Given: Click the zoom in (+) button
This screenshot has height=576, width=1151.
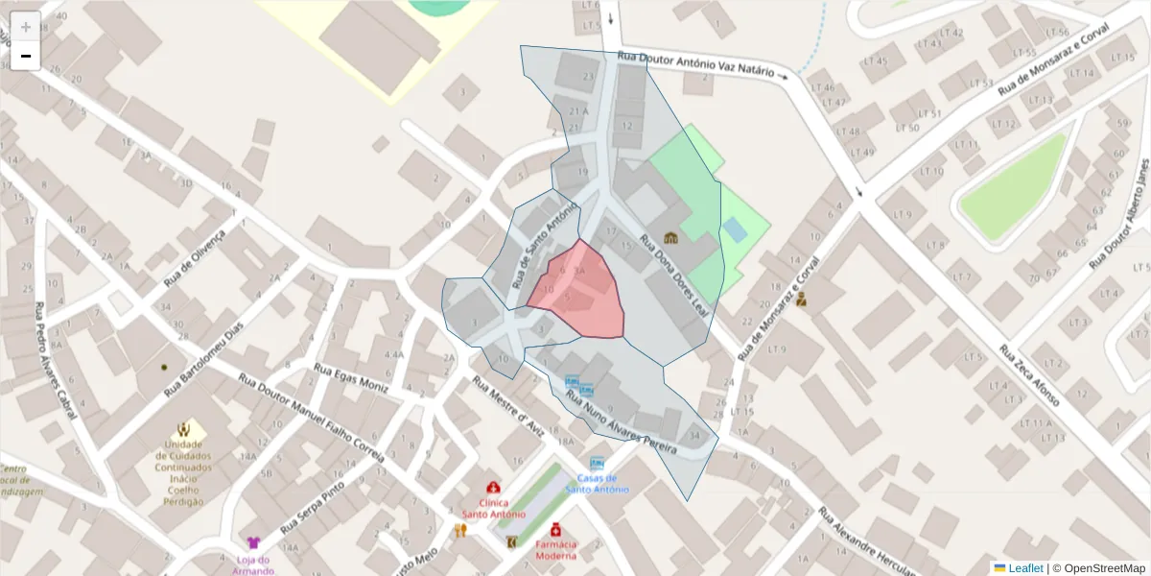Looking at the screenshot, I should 26,27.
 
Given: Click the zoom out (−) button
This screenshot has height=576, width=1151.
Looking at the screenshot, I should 26,57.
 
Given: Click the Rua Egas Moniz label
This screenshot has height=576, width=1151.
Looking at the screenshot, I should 352,379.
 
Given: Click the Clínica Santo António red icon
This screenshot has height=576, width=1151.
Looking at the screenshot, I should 493,488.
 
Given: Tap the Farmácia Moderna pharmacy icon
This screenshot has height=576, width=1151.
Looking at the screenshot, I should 556,528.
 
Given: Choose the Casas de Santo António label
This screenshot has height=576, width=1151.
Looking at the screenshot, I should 597,483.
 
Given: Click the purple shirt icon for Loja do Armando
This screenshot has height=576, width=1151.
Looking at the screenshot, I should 253,543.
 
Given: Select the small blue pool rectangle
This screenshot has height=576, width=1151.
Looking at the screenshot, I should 735,229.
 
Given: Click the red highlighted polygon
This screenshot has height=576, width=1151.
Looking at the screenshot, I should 579,288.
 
